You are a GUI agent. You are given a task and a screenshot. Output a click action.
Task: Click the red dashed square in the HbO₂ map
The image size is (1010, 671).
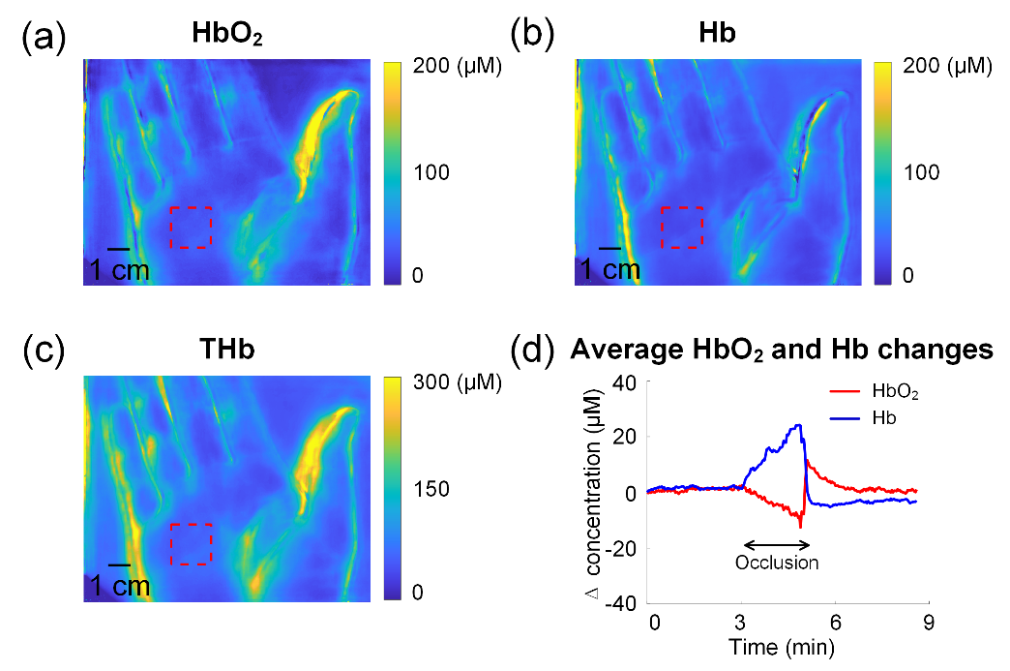point(191,228)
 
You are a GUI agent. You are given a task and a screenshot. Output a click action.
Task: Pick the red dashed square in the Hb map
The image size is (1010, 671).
point(681,228)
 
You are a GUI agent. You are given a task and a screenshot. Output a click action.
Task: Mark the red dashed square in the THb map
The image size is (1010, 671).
point(191,544)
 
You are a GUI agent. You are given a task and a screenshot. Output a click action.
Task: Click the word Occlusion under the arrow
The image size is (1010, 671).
point(777,563)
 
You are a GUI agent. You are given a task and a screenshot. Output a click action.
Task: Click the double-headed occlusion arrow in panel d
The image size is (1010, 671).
point(776,544)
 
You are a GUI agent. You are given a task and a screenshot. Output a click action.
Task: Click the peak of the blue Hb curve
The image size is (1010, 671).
point(798,424)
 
